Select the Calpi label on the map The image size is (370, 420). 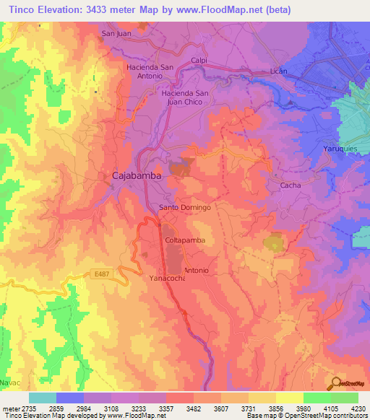click(x=199, y=61)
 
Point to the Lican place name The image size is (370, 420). click(x=278, y=71)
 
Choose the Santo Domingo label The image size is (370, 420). click(x=184, y=207)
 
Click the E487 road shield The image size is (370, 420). click(x=101, y=274)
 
